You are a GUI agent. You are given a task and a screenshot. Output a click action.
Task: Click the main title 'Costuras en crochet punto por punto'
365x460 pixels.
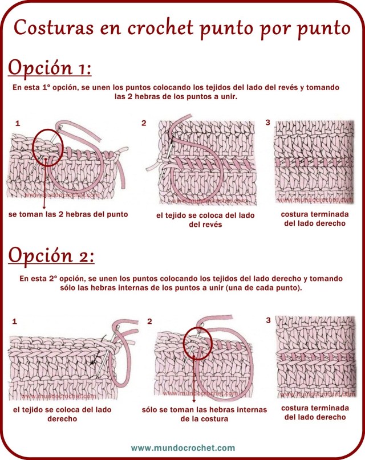click(x=182, y=27)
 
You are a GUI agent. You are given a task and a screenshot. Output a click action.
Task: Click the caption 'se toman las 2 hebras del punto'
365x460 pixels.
click(x=68, y=215)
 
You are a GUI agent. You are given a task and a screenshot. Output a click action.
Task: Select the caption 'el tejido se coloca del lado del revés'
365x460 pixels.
click(x=205, y=220)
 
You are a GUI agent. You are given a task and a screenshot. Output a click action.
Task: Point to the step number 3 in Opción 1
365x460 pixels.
click(x=268, y=122)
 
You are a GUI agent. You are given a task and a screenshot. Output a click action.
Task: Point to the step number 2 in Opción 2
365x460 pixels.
click(x=149, y=321)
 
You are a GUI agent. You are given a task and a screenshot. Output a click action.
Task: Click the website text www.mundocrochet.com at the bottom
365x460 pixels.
click(x=182, y=447)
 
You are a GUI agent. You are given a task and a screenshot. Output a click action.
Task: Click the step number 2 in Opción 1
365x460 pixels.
click(x=144, y=123)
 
